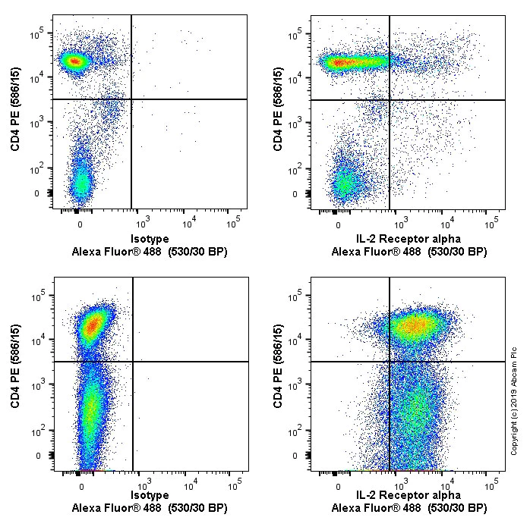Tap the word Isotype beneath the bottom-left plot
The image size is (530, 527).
(x=150, y=495)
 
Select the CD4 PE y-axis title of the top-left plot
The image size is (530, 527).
(x=15, y=109)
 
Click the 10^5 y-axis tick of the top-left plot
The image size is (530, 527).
(x=36, y=32)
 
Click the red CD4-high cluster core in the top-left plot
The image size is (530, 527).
(x=74, y=61)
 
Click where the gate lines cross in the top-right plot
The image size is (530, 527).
(x=390, y=99)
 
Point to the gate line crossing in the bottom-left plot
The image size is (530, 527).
(x=133, y=362)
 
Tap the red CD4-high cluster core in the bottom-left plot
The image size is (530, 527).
(x=93, y=326)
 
